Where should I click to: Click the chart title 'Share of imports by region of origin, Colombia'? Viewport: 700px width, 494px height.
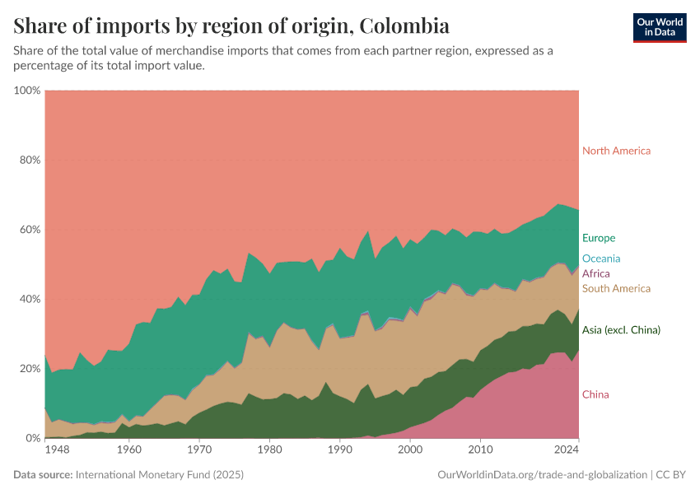(x=231, y=26)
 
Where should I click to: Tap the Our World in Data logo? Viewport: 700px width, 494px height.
(x=659, y=27)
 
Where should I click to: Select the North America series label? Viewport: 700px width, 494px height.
(x=616, y=151)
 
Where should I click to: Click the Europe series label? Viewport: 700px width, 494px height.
(x=599, y=238)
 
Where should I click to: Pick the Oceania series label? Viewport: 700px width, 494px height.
(x=601, y=259)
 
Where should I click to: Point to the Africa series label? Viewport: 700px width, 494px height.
(x=596, y=273)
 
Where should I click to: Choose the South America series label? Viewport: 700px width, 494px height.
(x=616, y=288)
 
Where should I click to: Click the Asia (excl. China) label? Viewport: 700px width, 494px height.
(x=621, y=330)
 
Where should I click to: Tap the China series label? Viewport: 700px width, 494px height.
(x=595, y=394)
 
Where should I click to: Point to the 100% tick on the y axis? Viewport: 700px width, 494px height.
(x=27, y=90)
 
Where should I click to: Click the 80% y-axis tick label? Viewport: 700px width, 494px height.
(x=30, y=160)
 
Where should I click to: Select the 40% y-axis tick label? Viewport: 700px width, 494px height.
(x=30, y=299)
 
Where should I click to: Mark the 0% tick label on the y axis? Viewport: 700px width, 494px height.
(x=33, y=438)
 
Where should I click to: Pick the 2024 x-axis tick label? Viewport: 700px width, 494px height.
(x=566, y=450)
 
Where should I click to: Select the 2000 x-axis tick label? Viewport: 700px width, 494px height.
(x=409, y=450)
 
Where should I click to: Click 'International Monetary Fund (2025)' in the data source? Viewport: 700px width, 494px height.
(x=159, y=475)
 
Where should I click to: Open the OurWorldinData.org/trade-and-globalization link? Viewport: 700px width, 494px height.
(x=539, y=475)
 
